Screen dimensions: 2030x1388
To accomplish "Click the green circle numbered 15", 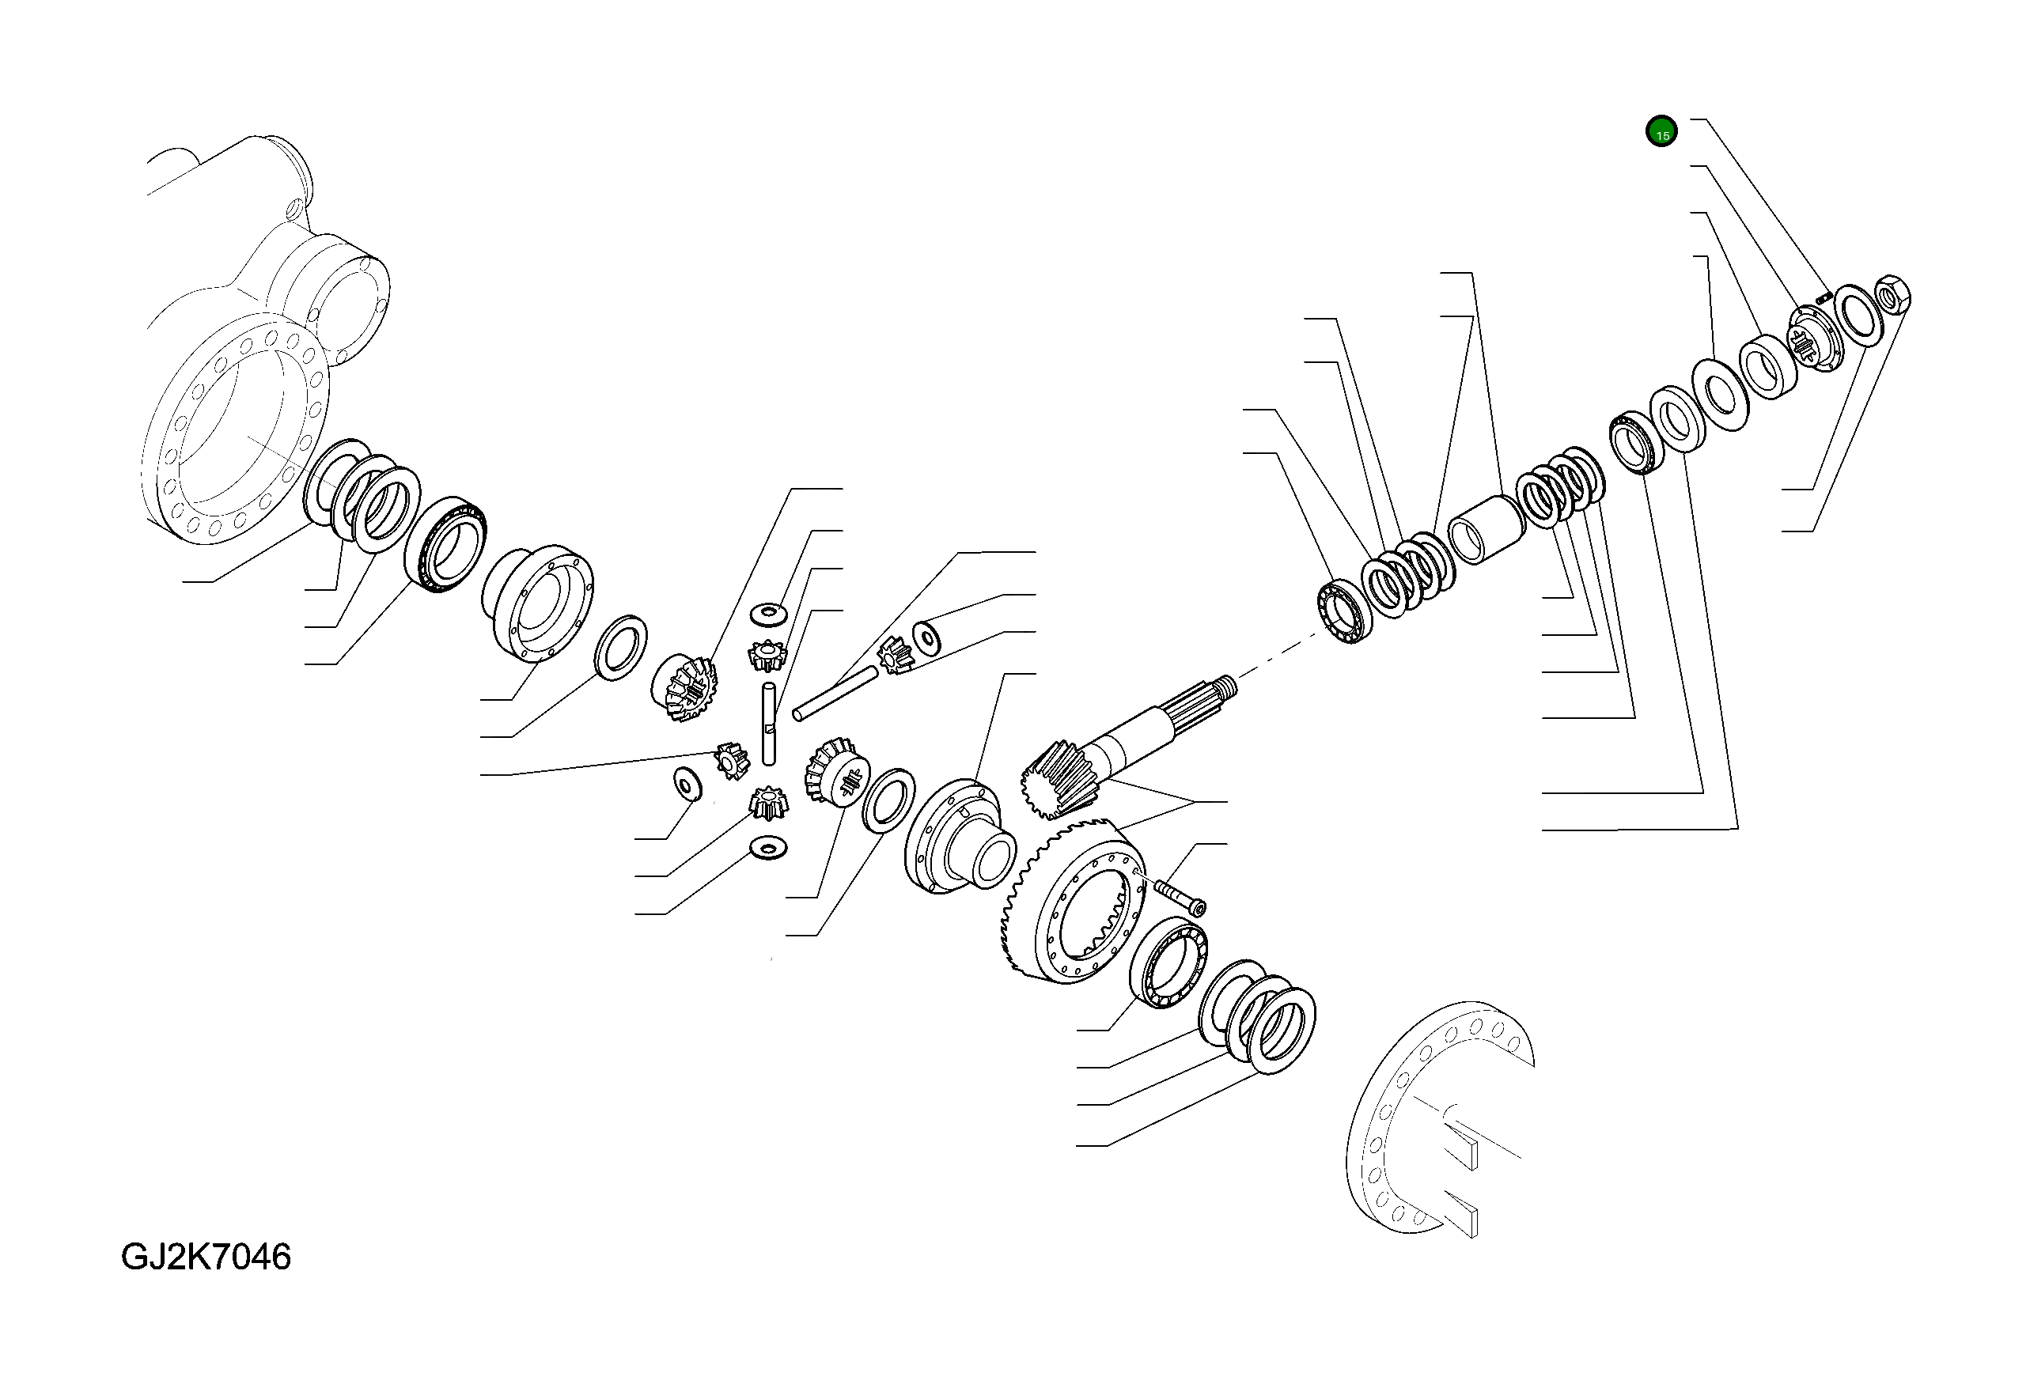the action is click(x=1661, y=133).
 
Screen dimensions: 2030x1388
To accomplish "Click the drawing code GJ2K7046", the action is click(x=206, y=1257).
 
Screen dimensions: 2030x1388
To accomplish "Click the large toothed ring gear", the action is click(x=1071, y=900).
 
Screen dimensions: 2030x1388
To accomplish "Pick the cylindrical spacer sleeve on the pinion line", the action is click(x=1485, y=529).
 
